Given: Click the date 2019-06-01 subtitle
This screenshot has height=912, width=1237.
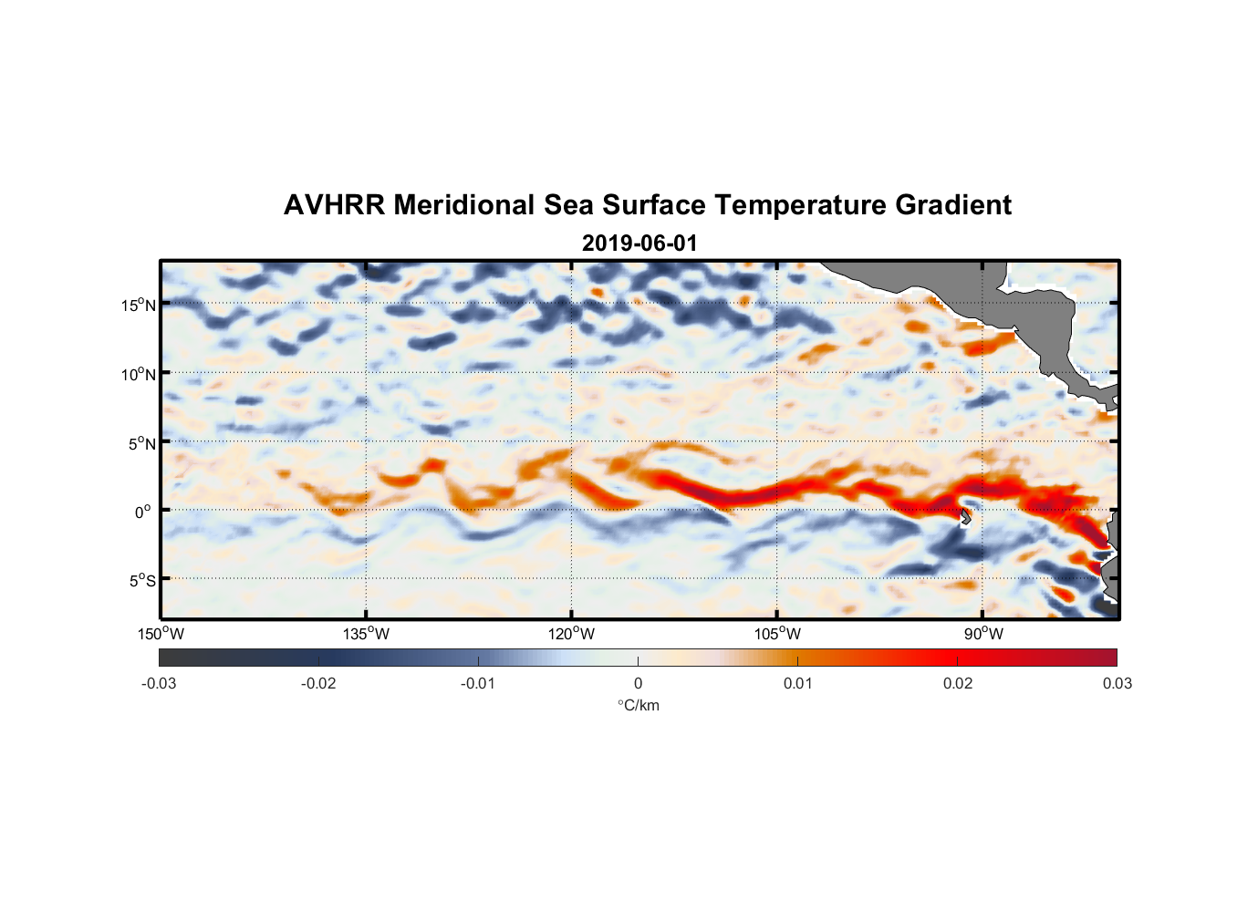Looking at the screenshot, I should [639, 244].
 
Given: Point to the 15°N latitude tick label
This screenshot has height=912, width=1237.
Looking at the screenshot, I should [139, 305].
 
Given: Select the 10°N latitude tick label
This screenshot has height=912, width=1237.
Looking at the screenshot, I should [139, 374].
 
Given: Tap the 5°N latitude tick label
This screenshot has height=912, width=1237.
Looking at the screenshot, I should [141, 443].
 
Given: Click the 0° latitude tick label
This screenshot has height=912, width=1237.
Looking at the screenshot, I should [143, 512].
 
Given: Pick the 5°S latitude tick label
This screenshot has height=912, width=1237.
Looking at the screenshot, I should [141, 581].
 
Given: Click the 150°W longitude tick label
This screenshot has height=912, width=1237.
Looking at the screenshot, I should [161, 634].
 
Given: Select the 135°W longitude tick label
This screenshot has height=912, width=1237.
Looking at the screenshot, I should [367, 634].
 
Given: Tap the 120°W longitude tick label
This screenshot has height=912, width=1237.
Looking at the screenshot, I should [572, 634].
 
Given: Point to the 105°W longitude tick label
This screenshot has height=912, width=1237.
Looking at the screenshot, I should [777, 634].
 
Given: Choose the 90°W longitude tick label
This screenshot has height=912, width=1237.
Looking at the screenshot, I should [983, 634].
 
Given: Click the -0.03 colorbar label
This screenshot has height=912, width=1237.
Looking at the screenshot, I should [159, 683].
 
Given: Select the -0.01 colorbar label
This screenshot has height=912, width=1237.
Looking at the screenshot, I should [478, 683].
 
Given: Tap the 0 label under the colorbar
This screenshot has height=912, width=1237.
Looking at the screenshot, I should [638, 683].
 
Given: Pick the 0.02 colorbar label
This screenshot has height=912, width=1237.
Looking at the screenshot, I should [958, 683].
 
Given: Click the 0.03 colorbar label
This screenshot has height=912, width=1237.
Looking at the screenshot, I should [1117, 683].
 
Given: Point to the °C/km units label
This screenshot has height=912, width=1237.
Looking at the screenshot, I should [638, 705].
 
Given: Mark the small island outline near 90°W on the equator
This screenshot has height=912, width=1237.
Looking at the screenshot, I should [966, 516].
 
